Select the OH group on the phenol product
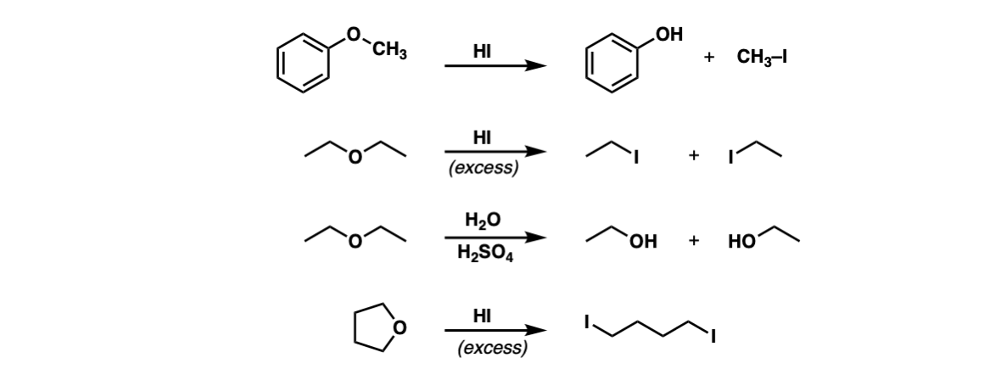pos(668,34)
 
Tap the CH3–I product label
pos(762,58)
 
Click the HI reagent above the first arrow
pos(482,52)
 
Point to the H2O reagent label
pos(483,220)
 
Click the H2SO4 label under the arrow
pos(485,254)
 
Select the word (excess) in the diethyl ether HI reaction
pos(484,168)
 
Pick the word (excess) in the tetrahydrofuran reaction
pos(492,348)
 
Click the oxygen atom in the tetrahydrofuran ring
pos(400,327)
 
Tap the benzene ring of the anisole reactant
pos(303,64)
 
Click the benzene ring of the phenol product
pos(612,64)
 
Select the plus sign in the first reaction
pos(709,57)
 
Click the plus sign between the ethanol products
pos(693,241)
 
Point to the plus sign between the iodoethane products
pos(693,155)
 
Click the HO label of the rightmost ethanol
pos(741,242)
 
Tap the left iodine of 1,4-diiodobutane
pos(587,322)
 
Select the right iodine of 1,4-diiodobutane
pos(713,338)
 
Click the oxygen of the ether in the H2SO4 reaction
pos(355,242)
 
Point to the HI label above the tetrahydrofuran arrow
pos(482,316)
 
